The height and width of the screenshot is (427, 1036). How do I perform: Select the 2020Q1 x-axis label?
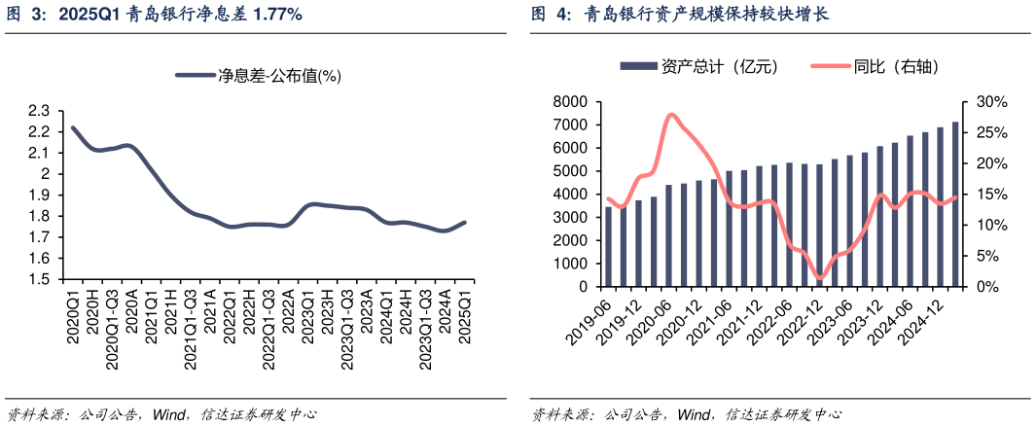tap(73, 311)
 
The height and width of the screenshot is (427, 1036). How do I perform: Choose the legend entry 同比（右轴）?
tap(875, 66)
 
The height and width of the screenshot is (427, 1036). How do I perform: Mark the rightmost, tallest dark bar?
tap(955, 204)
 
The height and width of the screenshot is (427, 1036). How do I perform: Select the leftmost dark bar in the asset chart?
tap(609, 247)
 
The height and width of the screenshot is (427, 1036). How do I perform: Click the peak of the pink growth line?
tap(671, 115)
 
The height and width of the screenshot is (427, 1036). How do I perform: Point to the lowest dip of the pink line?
tap(819, 279)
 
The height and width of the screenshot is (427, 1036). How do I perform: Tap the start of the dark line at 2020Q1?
tap(73, 128)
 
